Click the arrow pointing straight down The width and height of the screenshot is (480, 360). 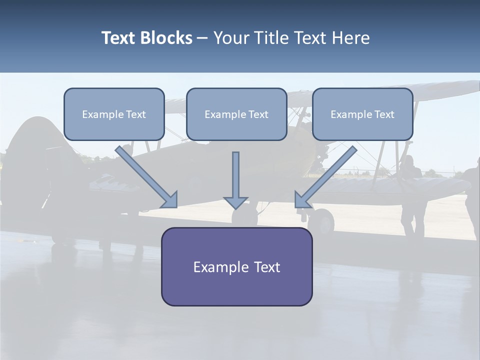pos(235,180)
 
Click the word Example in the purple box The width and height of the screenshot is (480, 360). pos(214,267)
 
